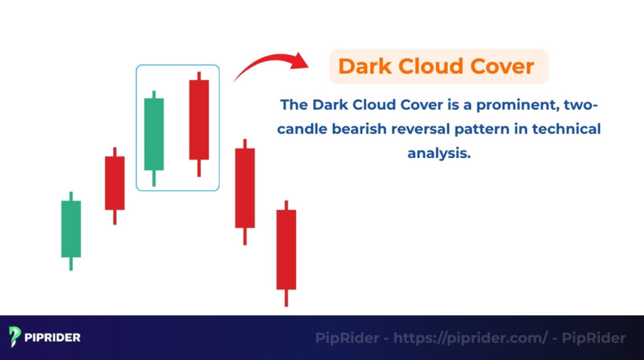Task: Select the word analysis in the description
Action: [x=439, y=154]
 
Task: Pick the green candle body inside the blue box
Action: [x=154, y=134]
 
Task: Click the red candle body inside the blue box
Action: [x=199, y=120]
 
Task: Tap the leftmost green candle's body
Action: [x=71, y=228]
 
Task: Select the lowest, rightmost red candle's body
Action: [x=286, y=249]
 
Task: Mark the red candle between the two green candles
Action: [x=114, y=183]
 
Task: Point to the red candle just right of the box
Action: [x=245, y=188]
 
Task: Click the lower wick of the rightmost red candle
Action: [x=286, y=298]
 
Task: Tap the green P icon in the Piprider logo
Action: [x=16, y=337]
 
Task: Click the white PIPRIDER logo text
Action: [x=53, y=338]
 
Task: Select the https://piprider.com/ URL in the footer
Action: [x=470, y=338]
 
